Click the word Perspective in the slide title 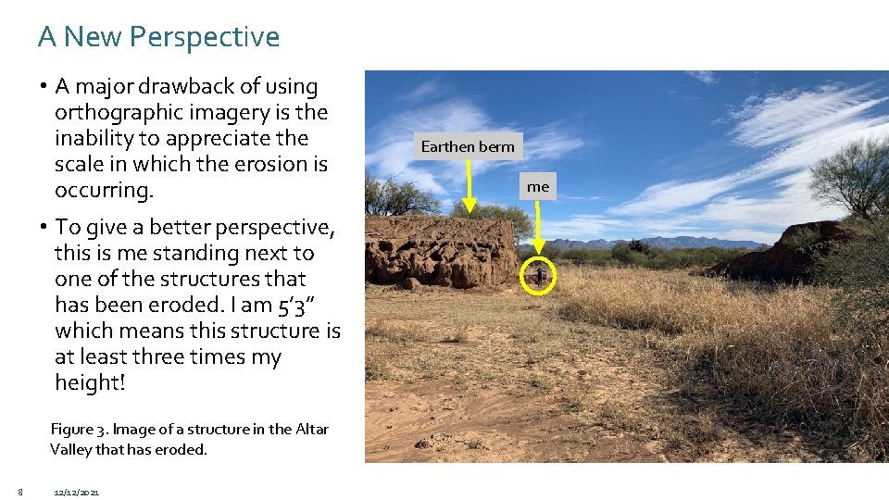pyautogui.click(x=205, y=37)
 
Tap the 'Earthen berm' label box pyautogui.click(x=468, y=146)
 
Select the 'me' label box pyautogui.click(x=538, y=187)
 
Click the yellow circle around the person pyautogui.click(x=538, y=275)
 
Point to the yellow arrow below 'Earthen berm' pyautogui.click(x=470, y=185)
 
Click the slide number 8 pyautogui.click(x=19, y=491)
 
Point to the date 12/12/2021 pyautogui.click(x=78, y=492)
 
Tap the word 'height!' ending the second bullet pyautogui.click(x=90, y=382)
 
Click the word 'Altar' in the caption pyautogui.click(x=312, y=429)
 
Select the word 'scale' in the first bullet pyautogui.click(x=80, y=164)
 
